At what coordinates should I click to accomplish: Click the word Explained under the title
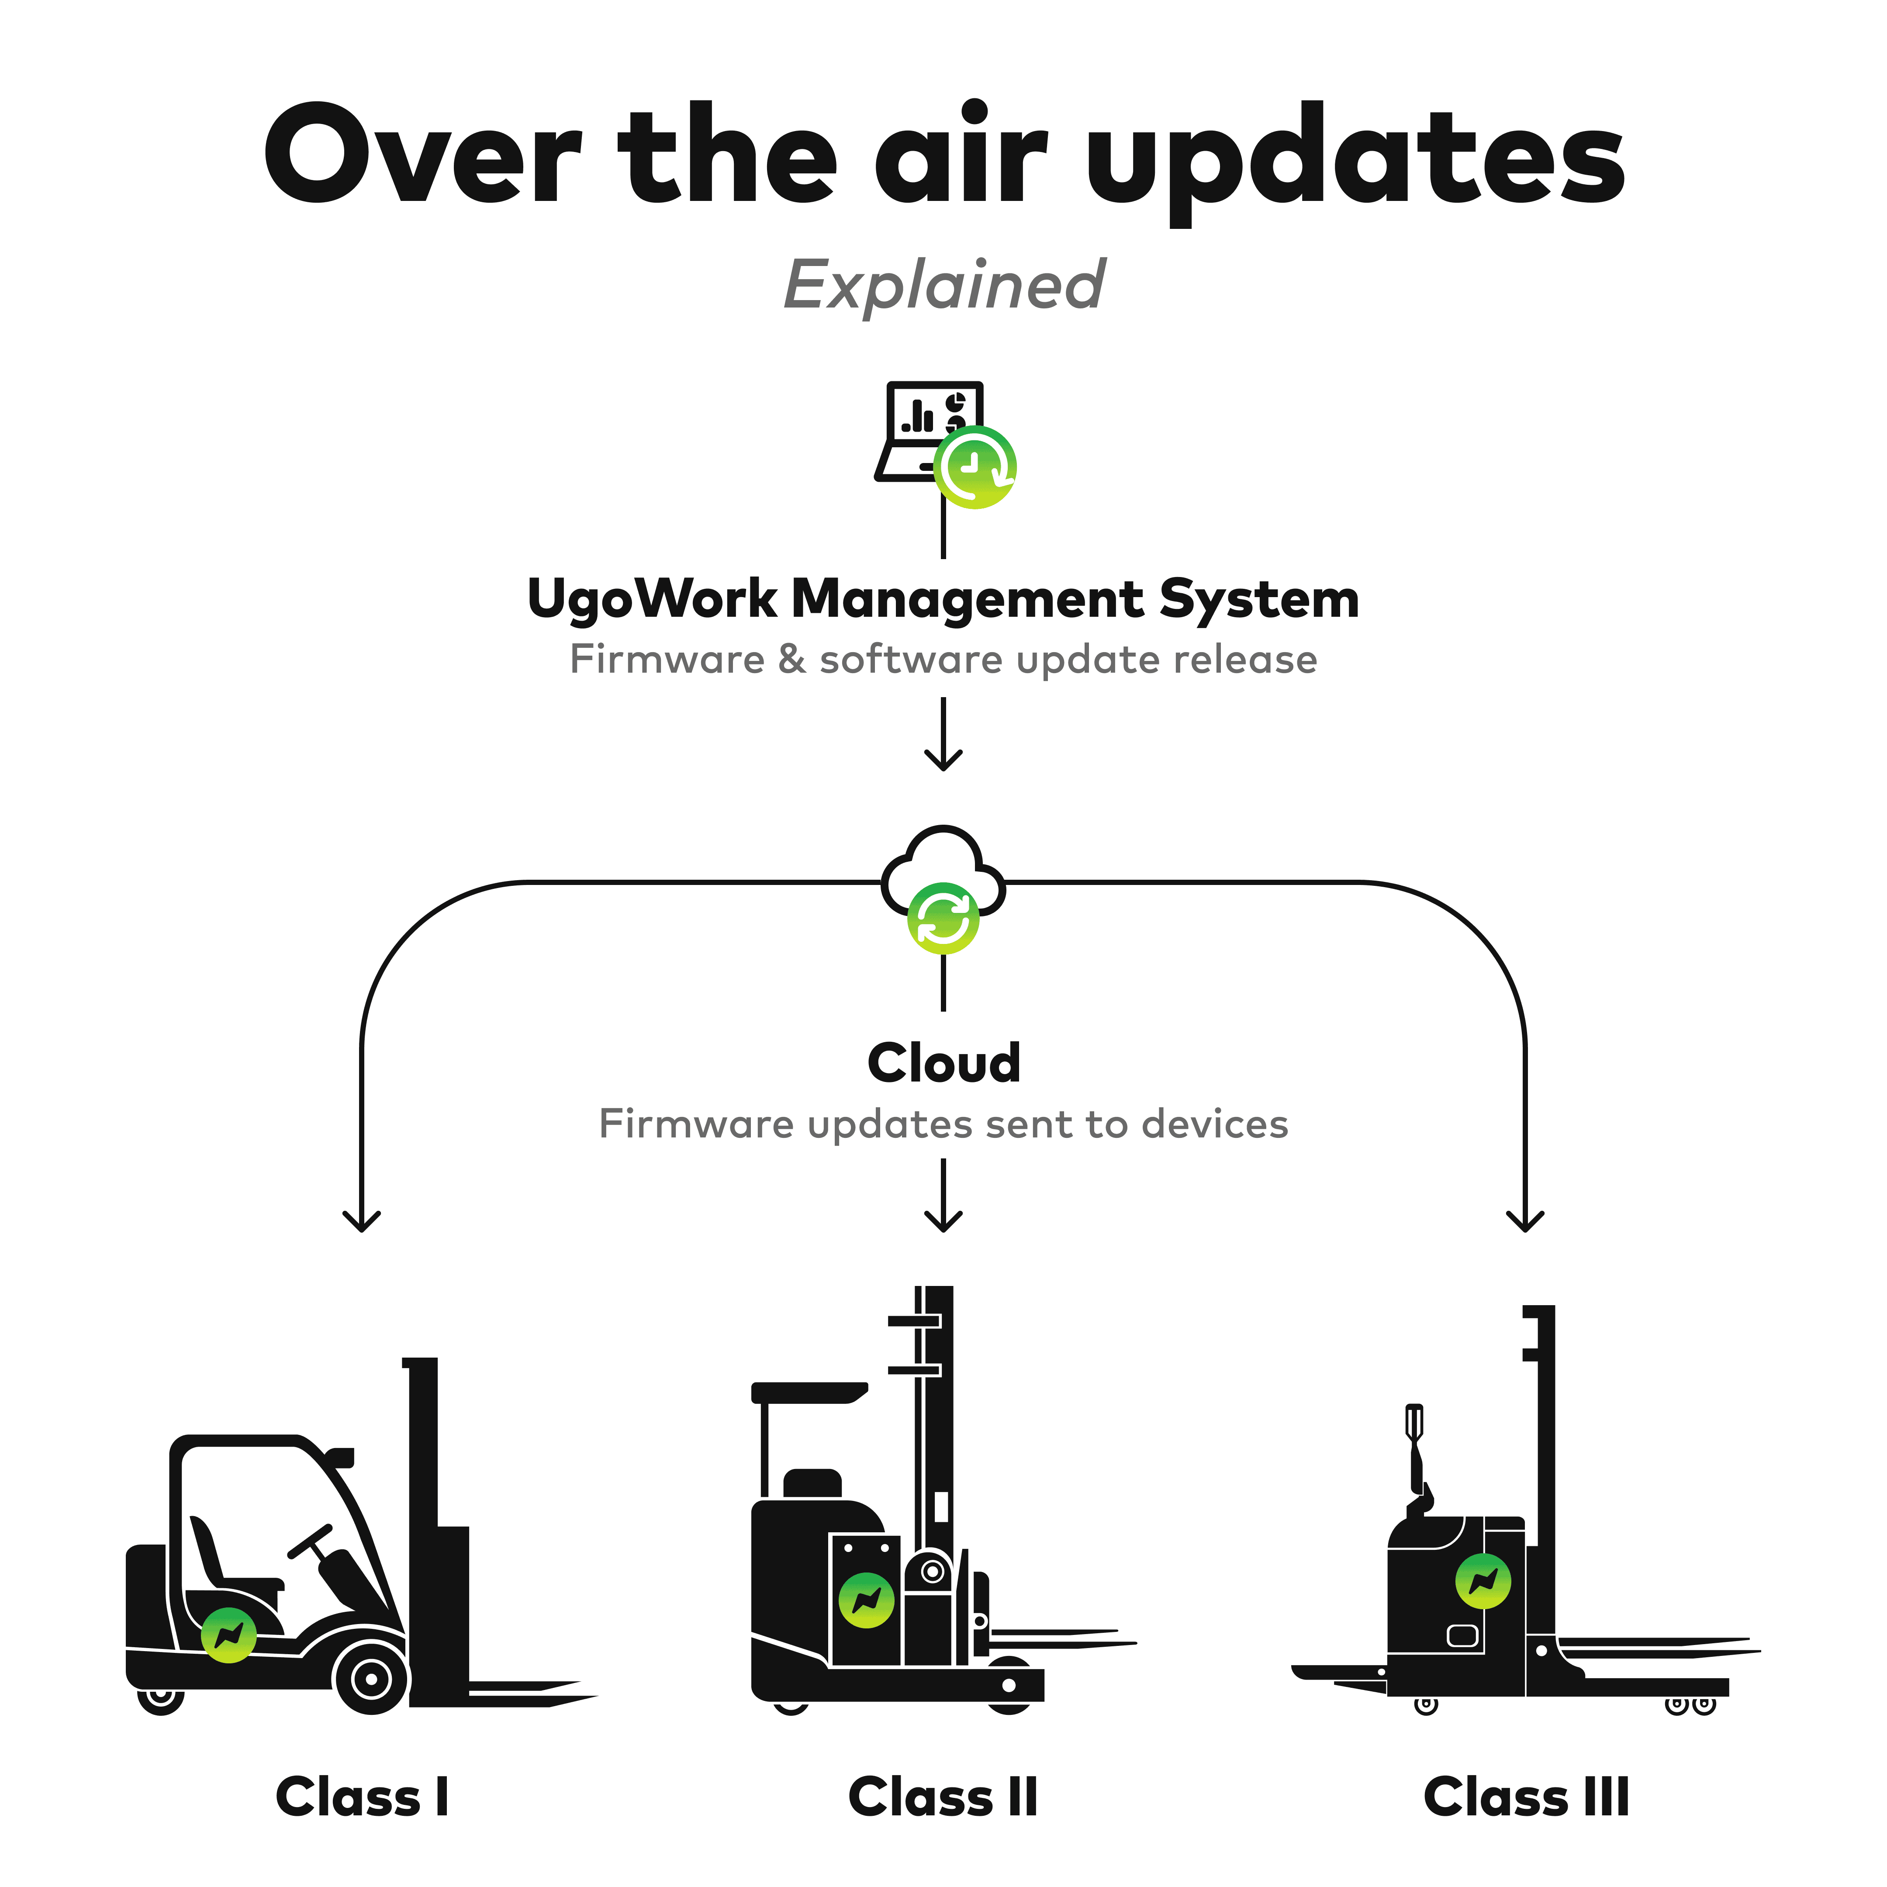click(943, 285)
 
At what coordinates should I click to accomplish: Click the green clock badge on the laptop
click(975, 467)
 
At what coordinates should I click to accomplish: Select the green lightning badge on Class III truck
click(1483, 1580)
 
